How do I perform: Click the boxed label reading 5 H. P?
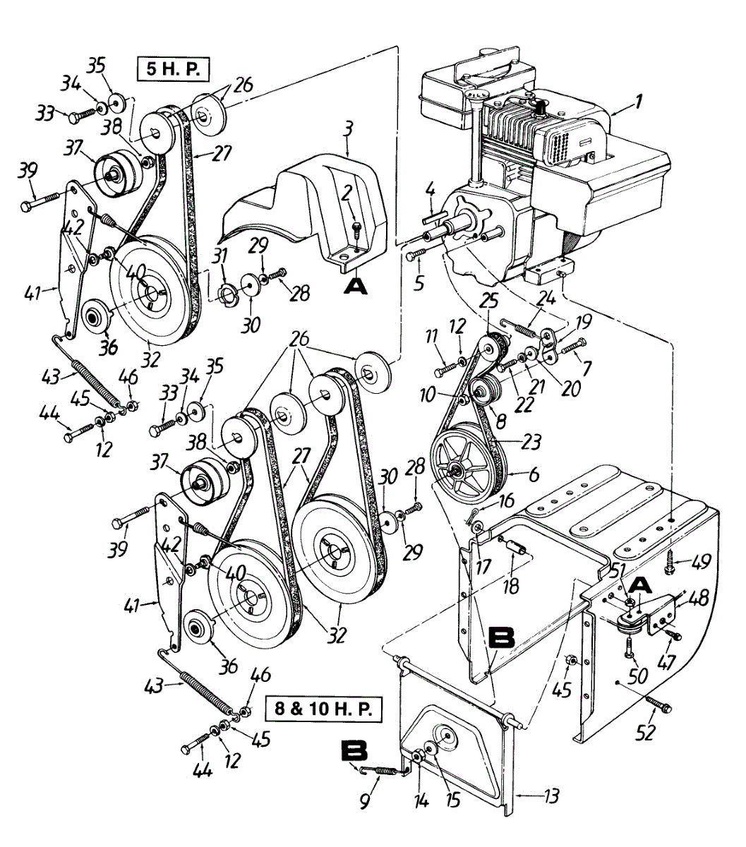(x=172, y=68)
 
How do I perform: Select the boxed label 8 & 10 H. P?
(x=324, y=709)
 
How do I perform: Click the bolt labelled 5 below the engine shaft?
(x=415, y=254)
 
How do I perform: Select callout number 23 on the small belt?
(x=531, y=442)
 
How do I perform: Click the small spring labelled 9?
(x=383, y=769)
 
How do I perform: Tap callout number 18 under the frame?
(x=511, y=587)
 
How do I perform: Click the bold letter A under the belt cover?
(x=356, y=286)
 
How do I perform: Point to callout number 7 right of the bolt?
(x=586, y=368)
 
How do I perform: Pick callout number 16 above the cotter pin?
(x=507, y=500)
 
